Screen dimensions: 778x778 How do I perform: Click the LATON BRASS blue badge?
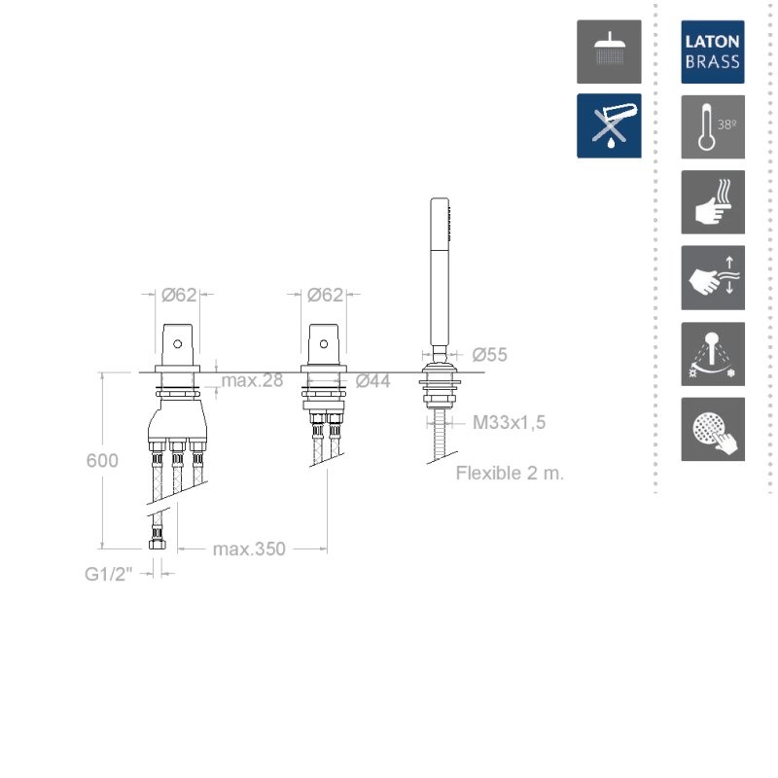pyautogui.click(x=713, y=53)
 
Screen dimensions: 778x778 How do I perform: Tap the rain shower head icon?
pyautogui.click(x=609, y=53)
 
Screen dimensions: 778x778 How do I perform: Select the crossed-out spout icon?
pyautogui.click(x=609, y=125)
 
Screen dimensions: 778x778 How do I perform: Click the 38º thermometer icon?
pyautogui.click(x=713, y=127)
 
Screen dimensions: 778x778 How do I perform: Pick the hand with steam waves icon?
pyautogui.click(x=713, y=202)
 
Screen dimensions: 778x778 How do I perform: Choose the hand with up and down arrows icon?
pyautogui.click(x=713, y=278)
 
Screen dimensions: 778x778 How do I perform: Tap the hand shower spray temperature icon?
pyautogui.click(x=713, y=354)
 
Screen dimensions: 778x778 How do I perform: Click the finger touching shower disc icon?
pyautogui.click(x=713, y=429)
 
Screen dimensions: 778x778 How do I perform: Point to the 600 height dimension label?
pyautogui.click(x=102, y=460)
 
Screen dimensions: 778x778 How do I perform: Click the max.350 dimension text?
pyautogui.click(x=249, y=549)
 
